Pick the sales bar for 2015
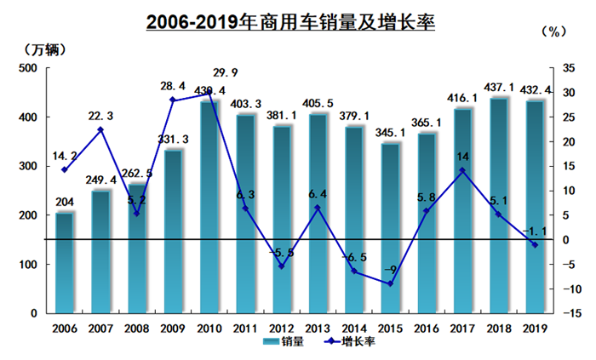point(391,228)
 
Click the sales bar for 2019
point(535,207)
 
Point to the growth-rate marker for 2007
point(100,130)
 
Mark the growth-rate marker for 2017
point(462,170)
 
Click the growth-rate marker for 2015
point(391,283)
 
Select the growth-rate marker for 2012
point(282,266)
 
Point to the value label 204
point(65,202)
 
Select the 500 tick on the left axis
point(28,68)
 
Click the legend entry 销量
point(282,343)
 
